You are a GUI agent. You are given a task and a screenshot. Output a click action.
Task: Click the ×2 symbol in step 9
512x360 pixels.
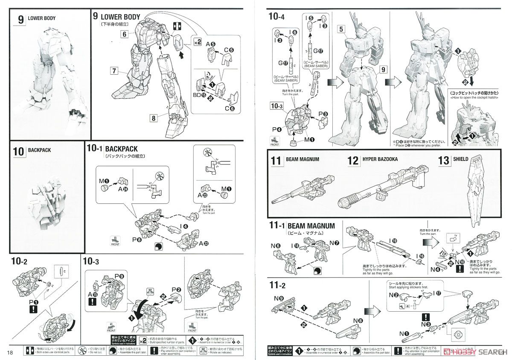[x=197, y=42]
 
